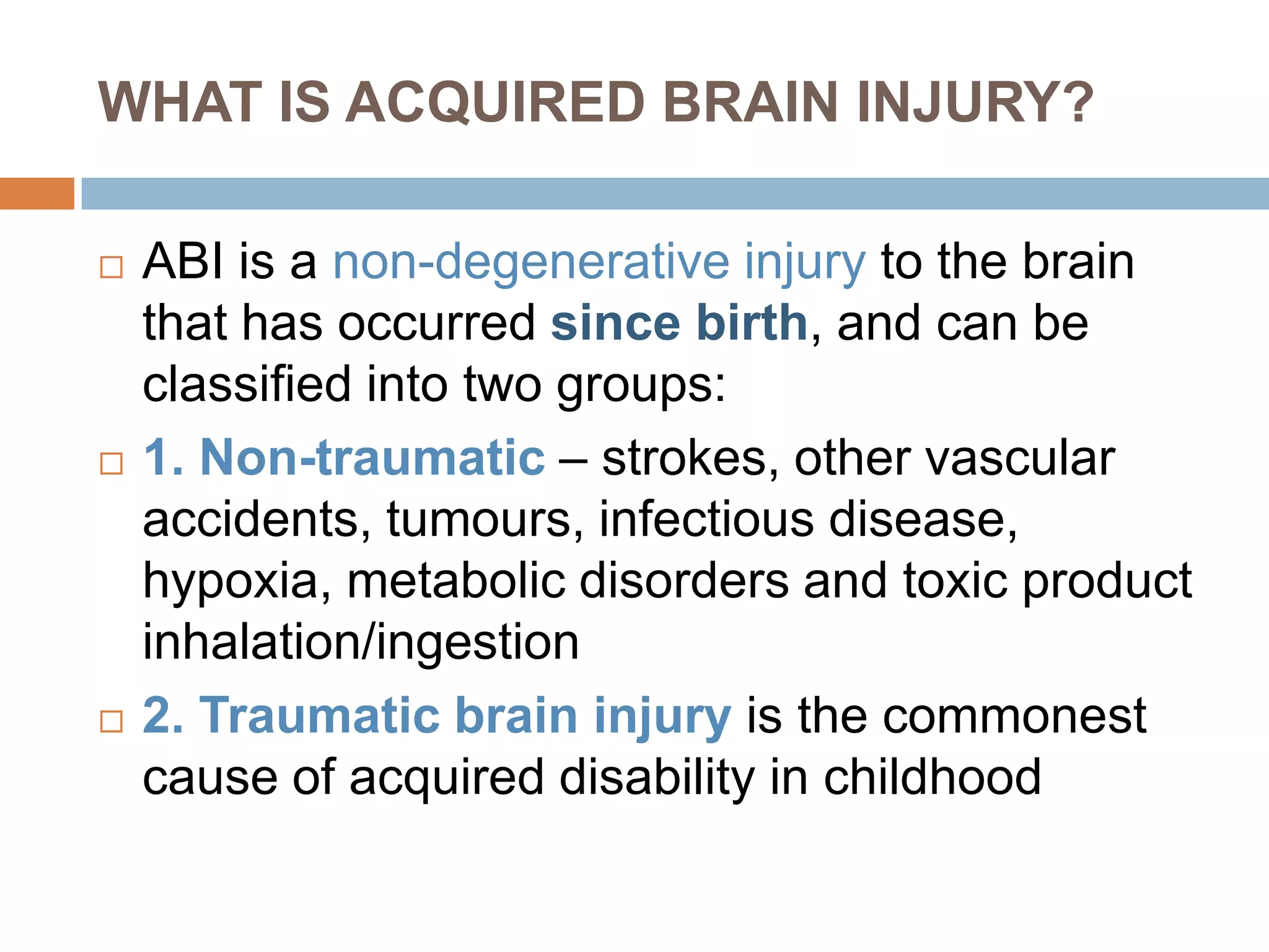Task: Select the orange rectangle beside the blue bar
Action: pyautogui.click(x=37, y=193)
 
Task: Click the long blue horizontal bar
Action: pyautogui.click(x=675, y=193)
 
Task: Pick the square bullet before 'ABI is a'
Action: pyautogui.click(x=112, y=267)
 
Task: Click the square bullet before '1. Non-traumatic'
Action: pyautogui.click(x=112, y=463)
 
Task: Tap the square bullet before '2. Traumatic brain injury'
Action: pyautogui.click(x=112, y=721)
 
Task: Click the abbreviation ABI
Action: pyautogui.click(x=183, y=262)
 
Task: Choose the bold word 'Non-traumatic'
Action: pyautogui.click(x=372, y=457)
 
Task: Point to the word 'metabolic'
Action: pyautogui.click(x=456, y=581)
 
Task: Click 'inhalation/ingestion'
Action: pyautogui.click(x=361, y=643)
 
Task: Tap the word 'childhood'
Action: pyautogui.click(x=932, y=777)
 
